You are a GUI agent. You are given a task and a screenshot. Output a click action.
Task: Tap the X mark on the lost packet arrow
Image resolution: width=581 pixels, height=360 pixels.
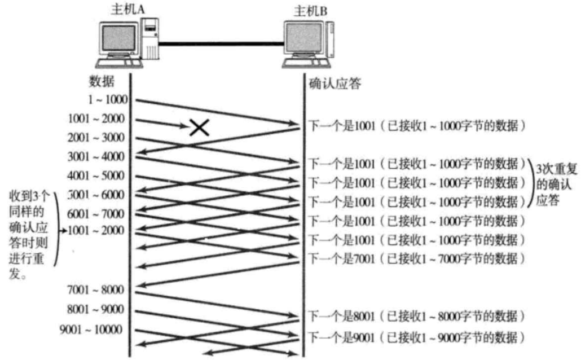(x=200, y=128)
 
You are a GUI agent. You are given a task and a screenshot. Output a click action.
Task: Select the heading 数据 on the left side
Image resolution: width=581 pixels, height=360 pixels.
(x=102, y=81)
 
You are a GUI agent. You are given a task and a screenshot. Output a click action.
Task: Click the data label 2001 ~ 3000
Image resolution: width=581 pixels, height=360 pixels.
(x=96, y=137)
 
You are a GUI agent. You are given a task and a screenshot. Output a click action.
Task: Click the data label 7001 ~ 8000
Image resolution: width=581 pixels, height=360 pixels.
(x=96, y=290)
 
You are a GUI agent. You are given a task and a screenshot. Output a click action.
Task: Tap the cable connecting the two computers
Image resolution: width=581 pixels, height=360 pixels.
(x=220, y=42)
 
